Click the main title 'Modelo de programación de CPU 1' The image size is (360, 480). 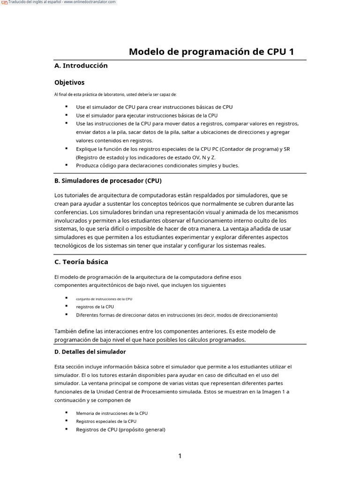[x=211, y=52]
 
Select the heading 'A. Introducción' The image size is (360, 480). [x=81, y=66]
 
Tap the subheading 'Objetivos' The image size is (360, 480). [x=69, y=82]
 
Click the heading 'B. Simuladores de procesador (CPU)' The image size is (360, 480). [x=108, y=180]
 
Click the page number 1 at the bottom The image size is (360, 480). [x=180, y=456]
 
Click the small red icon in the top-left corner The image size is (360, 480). [x=4, y=3]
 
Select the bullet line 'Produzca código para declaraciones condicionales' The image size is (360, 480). [x=157, y=165]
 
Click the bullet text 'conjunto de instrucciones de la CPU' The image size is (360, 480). [x=107, y=298]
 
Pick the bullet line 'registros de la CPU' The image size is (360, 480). [x=95, y=307]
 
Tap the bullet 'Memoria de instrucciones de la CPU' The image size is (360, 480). [x=112, y=413]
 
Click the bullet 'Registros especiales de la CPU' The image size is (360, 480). [x=106, y=421]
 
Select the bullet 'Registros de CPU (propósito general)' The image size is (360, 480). [x=120, y=429]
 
